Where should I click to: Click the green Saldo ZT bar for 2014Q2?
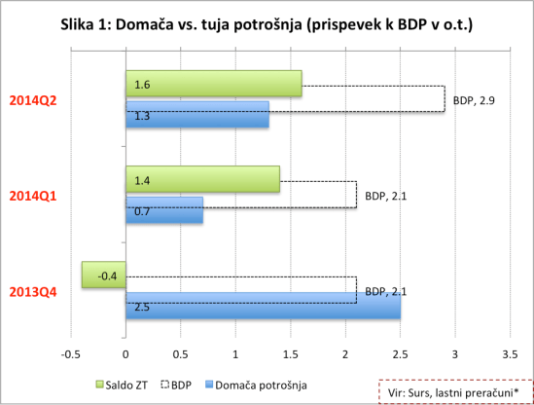pyautogui.click(x=214, y=85)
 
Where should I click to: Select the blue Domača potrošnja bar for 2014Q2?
pyautogui.click(x=197, y=115)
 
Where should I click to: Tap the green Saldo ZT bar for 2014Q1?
pyautogui.click(x=202, y=179)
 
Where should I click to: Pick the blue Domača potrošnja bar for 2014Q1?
pyautogui.click(x=164, y=209)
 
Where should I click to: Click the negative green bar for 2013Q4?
pyautogui.click(x=103, y=276)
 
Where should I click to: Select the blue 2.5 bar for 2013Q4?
pyautogui.click(x=263, y=306)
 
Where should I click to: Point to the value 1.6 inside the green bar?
pyautogui.click(x=142, y=86)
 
